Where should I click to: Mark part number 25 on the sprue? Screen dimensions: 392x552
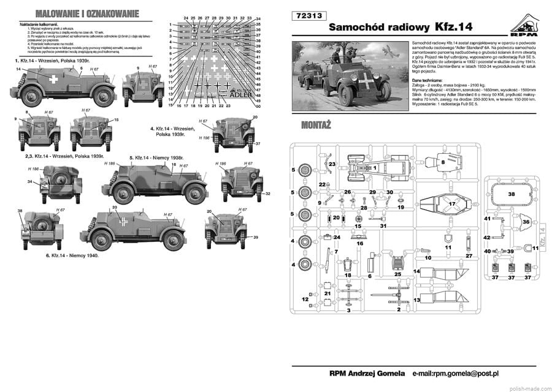click(x=397, y=274)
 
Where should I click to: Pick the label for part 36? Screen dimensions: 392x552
click(x=526, y=222)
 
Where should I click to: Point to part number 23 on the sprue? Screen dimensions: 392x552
click(x=331, y=164)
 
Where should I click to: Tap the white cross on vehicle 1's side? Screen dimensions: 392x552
click(x=55, y=78)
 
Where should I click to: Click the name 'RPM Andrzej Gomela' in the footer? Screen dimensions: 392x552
click(x=367, y=374)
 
